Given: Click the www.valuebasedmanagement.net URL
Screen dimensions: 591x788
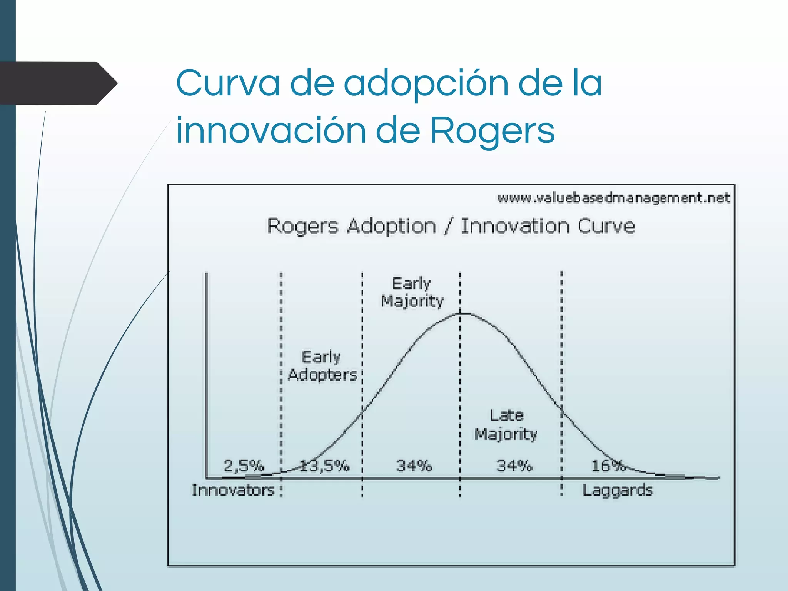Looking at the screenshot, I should pos(613,198).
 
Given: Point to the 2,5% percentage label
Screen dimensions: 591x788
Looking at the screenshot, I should pos(244,466).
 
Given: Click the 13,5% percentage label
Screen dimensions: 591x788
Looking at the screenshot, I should pos(324,466).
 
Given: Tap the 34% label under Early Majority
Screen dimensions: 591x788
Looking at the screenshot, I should pos(414,466).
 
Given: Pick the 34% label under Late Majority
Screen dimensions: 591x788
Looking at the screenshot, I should pos(514,466).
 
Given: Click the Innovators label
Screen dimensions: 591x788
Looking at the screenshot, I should pos(233,490).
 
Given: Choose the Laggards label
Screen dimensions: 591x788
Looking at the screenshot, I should pos(618,491).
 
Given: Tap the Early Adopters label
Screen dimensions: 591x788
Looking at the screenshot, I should pos(322,366).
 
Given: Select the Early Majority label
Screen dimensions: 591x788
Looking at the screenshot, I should pos(412,292).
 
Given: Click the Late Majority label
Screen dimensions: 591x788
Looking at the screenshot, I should pos(506,425).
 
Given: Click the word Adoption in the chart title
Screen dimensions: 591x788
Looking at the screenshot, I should pos(391,226).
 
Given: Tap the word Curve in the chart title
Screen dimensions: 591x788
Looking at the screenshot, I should pos(606,226).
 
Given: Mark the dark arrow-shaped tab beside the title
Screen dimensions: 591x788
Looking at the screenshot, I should pos(58,83).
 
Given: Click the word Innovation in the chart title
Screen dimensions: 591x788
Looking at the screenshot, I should pos(515,226).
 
